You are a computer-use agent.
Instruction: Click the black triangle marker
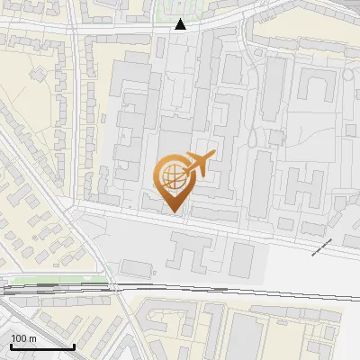181,24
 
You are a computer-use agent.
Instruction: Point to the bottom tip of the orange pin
172,211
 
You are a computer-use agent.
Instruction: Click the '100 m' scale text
23,337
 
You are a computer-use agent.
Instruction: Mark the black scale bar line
41,346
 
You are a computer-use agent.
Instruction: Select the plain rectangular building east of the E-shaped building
241,258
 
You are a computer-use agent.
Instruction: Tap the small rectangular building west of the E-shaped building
137,267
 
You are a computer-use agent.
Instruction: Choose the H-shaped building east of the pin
307,188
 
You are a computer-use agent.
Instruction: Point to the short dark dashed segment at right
322,248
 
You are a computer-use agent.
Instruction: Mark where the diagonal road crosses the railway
114,289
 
